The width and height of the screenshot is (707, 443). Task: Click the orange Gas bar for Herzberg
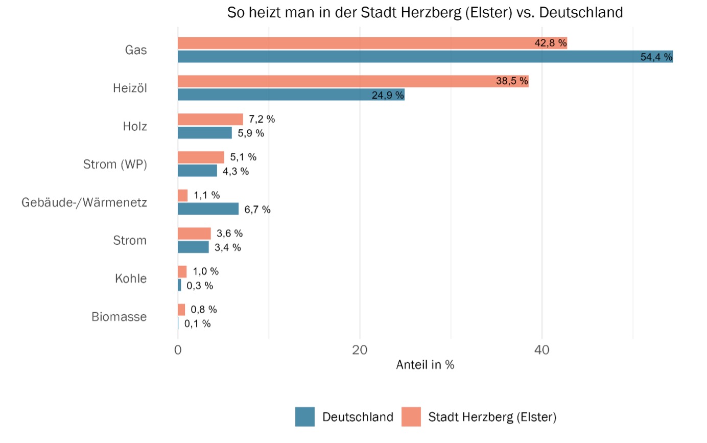click(358, 43)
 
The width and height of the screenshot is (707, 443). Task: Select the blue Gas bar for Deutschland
click(409, 57)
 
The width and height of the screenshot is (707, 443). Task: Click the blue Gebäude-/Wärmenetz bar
click(208, 209)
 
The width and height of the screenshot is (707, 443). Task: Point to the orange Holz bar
click(210, 119)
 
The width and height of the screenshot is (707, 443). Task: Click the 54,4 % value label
click(656, 57)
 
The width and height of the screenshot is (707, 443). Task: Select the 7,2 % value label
click(262, 120)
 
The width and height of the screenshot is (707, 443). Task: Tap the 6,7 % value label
click(257, 209)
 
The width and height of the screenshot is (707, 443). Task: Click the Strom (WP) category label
click(115, 165)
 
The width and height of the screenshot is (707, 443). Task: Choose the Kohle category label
click(131, 278)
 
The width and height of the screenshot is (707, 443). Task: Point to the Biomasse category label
click(119, 317)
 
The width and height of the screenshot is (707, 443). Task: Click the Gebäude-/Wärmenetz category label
click(84, 202)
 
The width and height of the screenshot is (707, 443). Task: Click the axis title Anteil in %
click(425, 365)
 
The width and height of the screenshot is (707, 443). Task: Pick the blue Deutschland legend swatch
click(305, 416)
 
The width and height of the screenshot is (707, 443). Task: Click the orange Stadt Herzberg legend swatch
click(411, 416)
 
